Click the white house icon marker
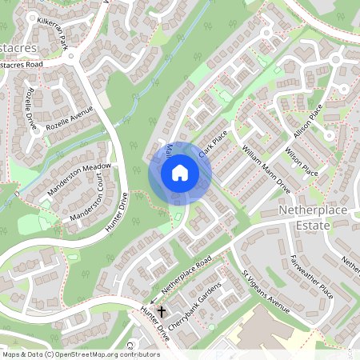(x=180, y=173)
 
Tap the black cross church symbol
(x=162, y=310)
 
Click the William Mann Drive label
(x=266, y=170)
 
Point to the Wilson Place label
(x=302, y=162)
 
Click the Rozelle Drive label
(x=33, y=110)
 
